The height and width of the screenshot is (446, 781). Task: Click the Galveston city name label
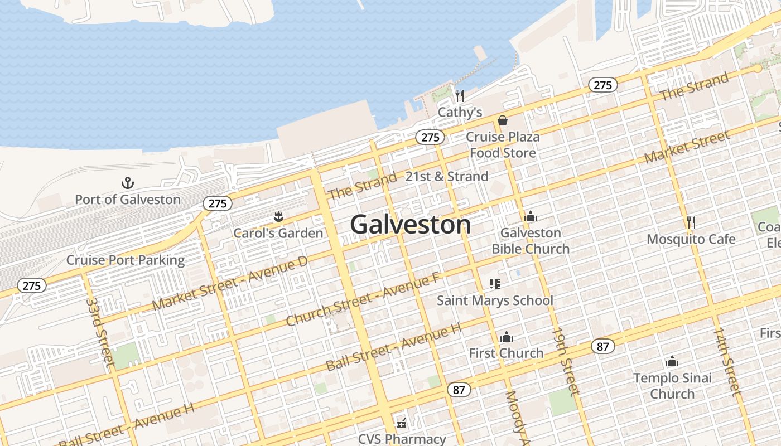[x=411, y=225]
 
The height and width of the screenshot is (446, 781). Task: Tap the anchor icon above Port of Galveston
[x=128, y=183]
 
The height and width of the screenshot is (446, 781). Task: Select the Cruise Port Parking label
[x=126, y=260]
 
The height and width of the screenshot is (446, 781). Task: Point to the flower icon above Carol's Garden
[x=278, y=217]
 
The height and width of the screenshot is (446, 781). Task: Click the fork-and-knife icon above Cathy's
[x=459, y=96]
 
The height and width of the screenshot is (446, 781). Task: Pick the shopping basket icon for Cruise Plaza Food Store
[x=503, y=120]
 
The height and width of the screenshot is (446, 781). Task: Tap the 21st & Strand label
[x=446, y=177]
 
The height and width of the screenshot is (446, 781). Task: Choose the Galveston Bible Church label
[x=531, y=240]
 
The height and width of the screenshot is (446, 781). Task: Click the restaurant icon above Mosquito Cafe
[x=691, y=222]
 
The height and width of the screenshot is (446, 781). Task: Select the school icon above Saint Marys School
[x=494, y=284]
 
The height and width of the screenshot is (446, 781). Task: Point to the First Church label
[x=506, y=353]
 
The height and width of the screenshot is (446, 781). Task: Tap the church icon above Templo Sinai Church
[x=672, y=362]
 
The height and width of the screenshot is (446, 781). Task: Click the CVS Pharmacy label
[x=402, y=439]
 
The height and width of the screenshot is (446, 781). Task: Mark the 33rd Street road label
[x=101, y=332]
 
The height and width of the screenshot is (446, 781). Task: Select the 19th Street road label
[x=566, y=361]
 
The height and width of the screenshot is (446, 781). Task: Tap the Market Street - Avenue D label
[x=230, y=284]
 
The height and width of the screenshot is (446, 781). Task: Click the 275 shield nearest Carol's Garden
[x=218, y=203]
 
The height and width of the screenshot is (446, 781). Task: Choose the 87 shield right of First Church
[x=602, y=347]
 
